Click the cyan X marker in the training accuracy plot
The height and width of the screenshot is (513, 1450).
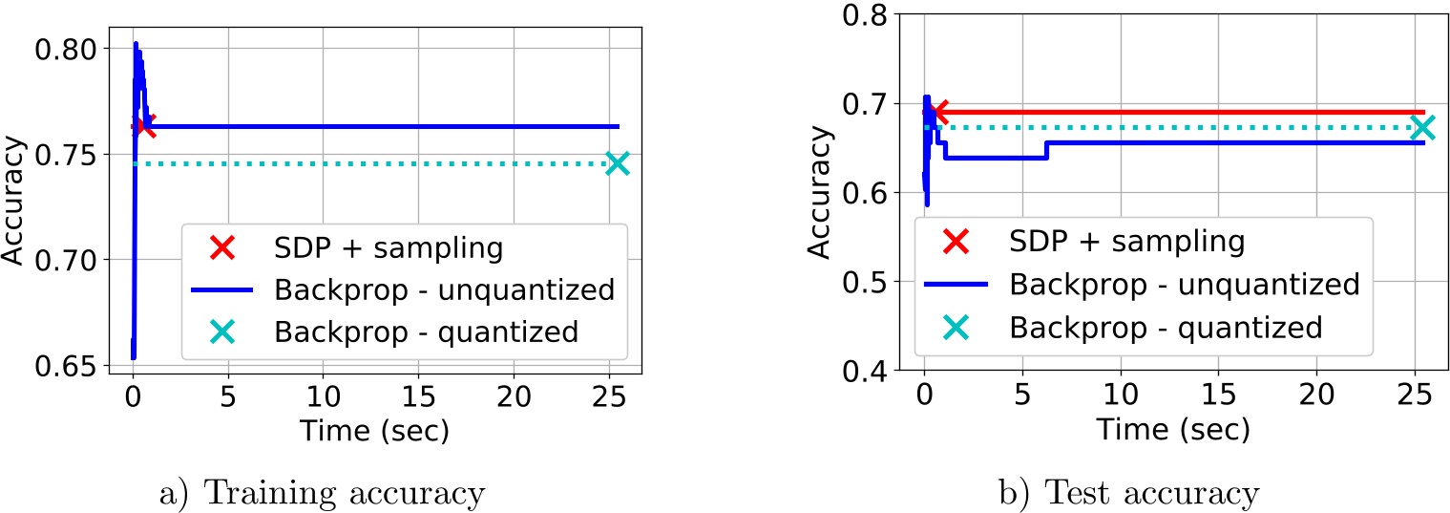618,163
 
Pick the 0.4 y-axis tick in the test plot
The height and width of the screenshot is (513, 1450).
869,371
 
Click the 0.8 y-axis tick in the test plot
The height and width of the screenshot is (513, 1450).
869,14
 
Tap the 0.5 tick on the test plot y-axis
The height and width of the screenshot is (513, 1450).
869,282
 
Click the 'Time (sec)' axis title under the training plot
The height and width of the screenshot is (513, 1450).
374,431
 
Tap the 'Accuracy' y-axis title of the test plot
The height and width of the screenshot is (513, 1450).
819,194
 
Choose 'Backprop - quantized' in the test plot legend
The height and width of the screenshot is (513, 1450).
1165,327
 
